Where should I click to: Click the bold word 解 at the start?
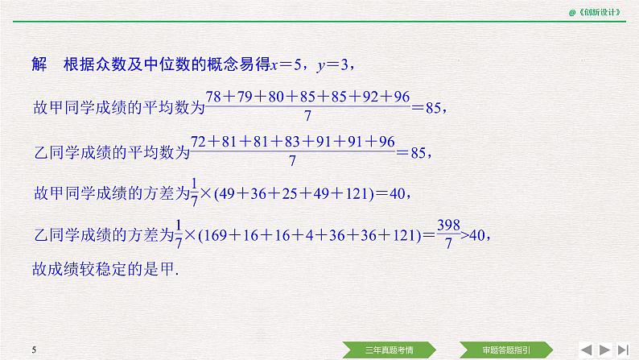(38, 64)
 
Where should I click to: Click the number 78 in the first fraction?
(215, 97)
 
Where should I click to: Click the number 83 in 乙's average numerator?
(288, 142)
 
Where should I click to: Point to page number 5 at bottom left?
(35, 350)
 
